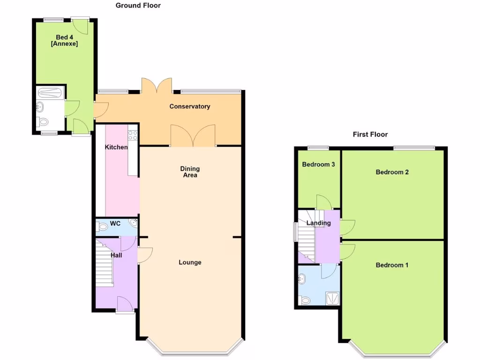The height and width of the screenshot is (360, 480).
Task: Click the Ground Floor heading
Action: tap(138, 6)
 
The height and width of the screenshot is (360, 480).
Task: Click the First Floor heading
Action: tap(370, 135)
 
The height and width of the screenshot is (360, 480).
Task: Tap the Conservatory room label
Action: tap(190, 106)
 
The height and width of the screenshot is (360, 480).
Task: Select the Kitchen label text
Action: tap(116, 147)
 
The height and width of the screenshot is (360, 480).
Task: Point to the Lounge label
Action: tap(190, 262)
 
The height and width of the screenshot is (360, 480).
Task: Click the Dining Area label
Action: tap(190, 172)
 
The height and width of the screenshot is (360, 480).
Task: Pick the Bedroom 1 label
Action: tap(392, 265)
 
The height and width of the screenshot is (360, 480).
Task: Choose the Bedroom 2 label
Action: tap(392, 172)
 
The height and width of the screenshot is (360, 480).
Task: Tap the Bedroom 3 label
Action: tap(318, 165)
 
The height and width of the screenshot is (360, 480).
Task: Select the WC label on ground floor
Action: tap(116, 224)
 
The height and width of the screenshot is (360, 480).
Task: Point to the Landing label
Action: tap(319, 223)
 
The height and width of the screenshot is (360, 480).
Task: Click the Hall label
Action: tap(116, 255)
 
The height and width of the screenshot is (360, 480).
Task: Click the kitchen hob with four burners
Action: tap(133, 135)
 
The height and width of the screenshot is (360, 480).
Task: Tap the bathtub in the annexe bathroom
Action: tap(51, 92)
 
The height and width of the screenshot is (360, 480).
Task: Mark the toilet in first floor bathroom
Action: tap(305, 300)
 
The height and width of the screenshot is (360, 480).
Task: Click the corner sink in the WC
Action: tap(135, 223)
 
